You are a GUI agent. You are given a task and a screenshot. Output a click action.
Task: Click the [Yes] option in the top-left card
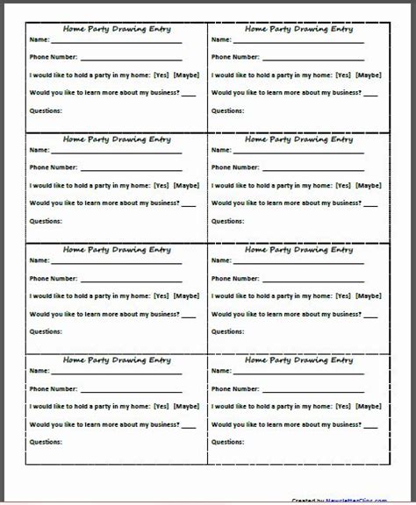[x=161, y=75]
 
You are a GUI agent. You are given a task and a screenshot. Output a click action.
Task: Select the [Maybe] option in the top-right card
[x=368, y=75]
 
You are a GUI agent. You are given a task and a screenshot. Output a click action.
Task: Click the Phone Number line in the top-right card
[x=311, y=59]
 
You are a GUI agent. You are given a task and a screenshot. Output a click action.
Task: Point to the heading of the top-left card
[x=117, y=28]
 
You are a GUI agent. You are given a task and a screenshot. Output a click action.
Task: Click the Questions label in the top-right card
[x=227, y=110]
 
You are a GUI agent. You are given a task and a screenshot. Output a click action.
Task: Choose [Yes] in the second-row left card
[x=161, y=185]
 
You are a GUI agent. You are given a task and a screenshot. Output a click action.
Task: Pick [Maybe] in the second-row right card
[x=368, y=185]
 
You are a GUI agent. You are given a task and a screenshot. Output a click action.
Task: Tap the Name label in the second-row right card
[x=220, y=150]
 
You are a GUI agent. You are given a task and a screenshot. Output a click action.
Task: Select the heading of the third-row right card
[x=299, y=250]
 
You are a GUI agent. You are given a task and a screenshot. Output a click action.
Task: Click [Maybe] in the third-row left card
[x=186, y=295]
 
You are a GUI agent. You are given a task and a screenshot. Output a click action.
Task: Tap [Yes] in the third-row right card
[x=343, y=295]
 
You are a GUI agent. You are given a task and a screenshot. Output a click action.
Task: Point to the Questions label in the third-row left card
[x=46, y=331]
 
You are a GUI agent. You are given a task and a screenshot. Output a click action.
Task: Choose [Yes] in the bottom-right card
[x=343, y=406]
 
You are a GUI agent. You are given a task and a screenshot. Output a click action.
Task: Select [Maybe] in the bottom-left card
[x=186, y=406]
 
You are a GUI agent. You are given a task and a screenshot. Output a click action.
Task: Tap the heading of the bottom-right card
[x=299, y=359]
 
